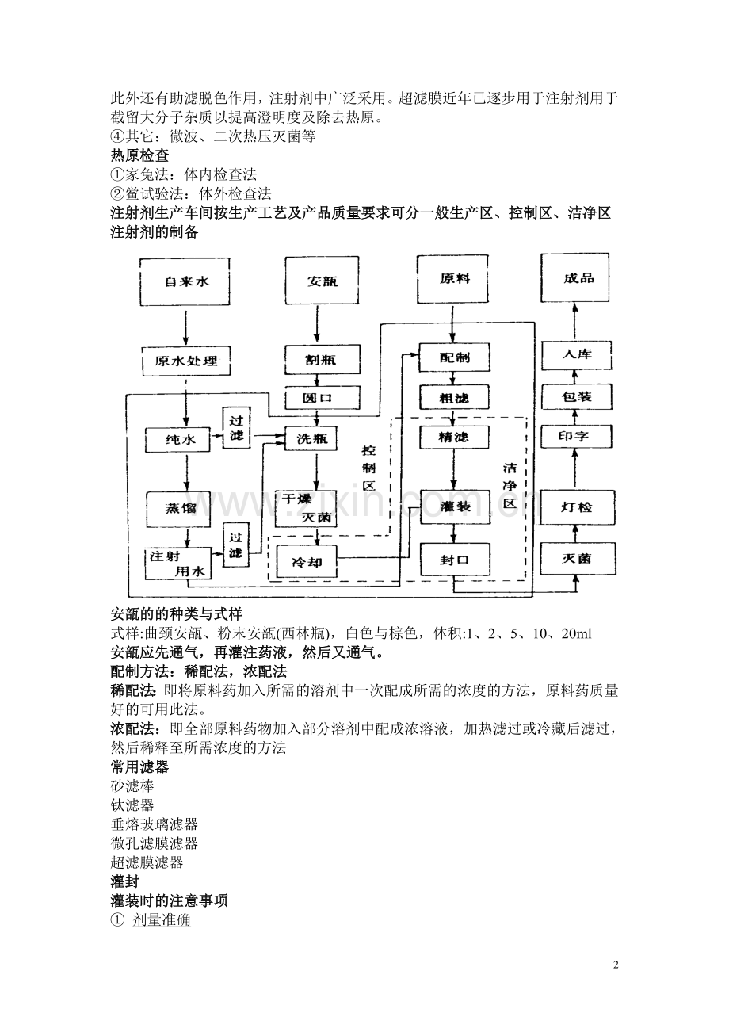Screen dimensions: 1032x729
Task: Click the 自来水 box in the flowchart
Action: point(185,281)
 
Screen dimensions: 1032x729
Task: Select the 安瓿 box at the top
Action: point(321,281)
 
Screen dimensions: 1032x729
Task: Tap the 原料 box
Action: point(453,279)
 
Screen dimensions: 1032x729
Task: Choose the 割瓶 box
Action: point(321,359)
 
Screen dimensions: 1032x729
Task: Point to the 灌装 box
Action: point(453,506)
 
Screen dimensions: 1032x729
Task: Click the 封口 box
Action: point(453,560)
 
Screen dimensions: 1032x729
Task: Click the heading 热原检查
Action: point(139,156)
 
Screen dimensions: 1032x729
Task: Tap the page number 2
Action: point(616,965)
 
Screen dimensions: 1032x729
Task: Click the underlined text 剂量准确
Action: point(161,921)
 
